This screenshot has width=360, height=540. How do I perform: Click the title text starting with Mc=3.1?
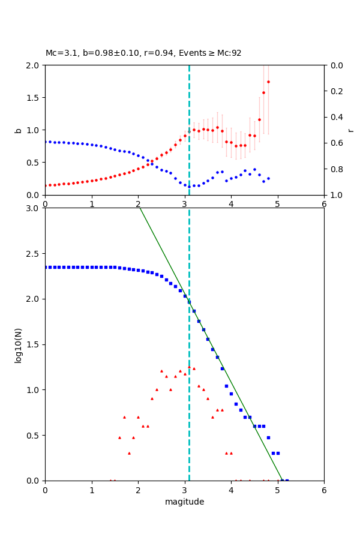[143, 53]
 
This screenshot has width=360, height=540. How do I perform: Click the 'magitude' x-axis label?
[184, 502]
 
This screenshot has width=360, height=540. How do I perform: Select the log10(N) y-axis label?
[18, 344]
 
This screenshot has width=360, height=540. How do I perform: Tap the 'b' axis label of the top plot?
[18, 130]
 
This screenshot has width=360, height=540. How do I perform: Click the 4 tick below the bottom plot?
[231, 490]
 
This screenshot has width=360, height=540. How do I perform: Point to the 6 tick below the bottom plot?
[324, 490]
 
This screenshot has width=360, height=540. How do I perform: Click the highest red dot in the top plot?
[268, 82]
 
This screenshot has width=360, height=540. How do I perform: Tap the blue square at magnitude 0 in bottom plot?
[46, 267]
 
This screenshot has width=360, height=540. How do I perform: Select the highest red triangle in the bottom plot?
[189, 367]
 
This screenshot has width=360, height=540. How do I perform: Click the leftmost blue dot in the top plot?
[46, 142]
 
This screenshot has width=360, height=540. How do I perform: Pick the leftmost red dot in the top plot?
[46, 185]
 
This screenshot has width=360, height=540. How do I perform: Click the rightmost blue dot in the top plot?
[268, 178]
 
